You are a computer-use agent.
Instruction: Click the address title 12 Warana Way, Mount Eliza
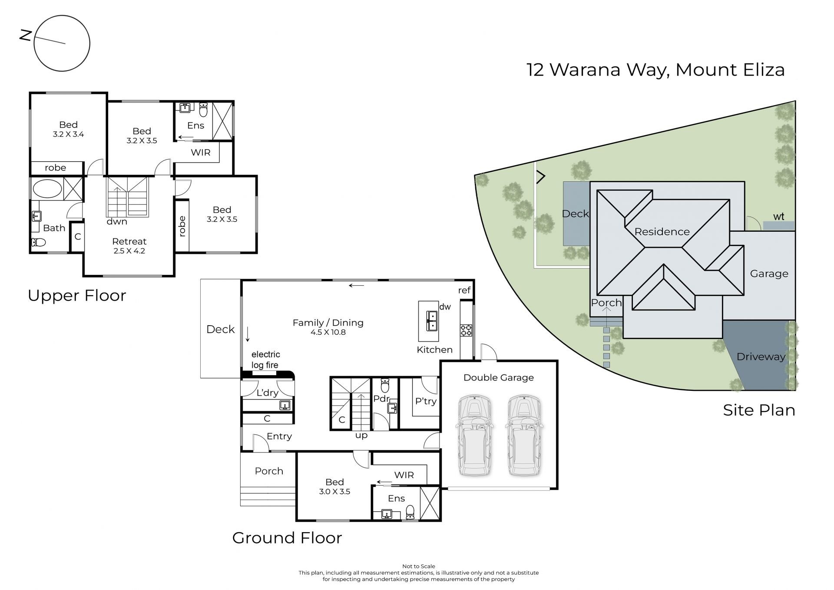(655, 70)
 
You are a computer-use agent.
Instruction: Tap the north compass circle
(62, 16)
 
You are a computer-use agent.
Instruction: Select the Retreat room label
(129, 241)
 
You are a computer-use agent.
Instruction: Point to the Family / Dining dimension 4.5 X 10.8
(328, 332)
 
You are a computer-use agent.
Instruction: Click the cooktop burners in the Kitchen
(466, 330)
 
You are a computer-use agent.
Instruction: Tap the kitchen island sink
(432, 321)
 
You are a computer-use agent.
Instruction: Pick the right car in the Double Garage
(524, 435)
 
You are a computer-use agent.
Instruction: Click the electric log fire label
(265, 360)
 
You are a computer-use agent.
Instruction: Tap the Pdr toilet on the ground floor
(385, 385)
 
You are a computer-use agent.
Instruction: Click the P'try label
(426, 401)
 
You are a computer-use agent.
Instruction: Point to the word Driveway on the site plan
(761, 357)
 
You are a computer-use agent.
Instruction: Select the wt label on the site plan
(778, 216)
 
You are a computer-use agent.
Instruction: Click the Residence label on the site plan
(662, 232)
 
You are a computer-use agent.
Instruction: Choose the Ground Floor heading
(287, 538)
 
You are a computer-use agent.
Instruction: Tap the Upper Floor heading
(77, 296)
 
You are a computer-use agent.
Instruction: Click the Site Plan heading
(759, 410)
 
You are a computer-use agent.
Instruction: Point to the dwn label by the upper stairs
(117, 221)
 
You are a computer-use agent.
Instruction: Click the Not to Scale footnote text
(418, 566)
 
